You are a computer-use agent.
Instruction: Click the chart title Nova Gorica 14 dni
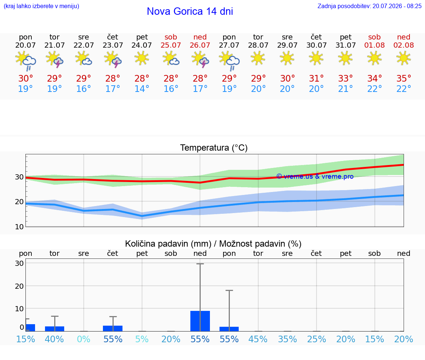click(x=190, y=11)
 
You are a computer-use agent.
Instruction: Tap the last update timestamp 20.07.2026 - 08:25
click(x=397, y=6)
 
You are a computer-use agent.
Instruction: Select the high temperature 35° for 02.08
click(x=404, y=78)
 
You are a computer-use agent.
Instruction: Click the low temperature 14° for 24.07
click(x=142, y=89)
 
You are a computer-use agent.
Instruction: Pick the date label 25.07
click(x=171, y=45)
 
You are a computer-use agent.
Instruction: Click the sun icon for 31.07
click(x=345, y=58)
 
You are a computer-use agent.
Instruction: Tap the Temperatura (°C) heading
click(x=214, y=148)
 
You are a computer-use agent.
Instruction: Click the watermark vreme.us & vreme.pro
click(x=315, y=176)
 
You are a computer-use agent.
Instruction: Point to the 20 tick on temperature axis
click(x=19, y=202)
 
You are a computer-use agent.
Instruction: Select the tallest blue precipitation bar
click(x=200, y=321)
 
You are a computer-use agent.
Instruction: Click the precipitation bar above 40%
click(x=55, y=329)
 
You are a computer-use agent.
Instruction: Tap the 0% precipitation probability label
click(x=83, y=339)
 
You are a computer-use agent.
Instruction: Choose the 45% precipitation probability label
click(x=258, y=339)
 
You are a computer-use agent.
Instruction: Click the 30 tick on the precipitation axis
click(x=19, y=263)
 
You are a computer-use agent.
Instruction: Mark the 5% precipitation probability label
click(x=142, y=339)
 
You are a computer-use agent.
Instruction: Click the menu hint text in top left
click(x=41, y=6)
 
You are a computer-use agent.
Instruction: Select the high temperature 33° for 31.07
click(x=345, y=78)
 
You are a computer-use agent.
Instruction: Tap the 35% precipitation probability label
click(x=287, y=339)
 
